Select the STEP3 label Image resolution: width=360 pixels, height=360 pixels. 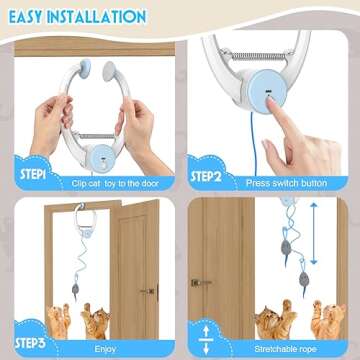click(x=29, y=344)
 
